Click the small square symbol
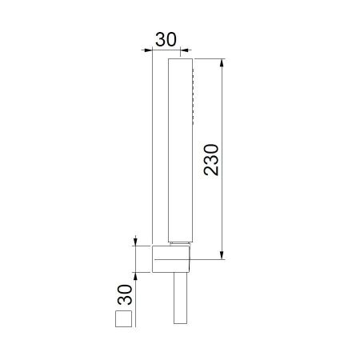124,321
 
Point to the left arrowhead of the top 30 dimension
149,50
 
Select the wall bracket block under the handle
171,260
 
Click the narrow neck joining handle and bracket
179,242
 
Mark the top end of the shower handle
179,60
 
